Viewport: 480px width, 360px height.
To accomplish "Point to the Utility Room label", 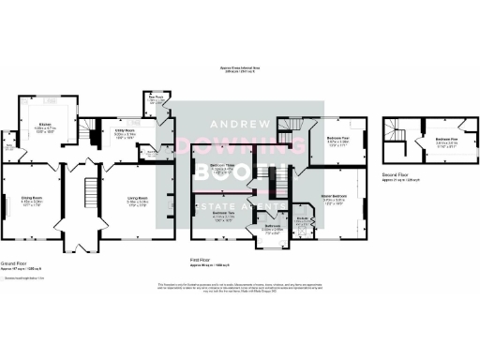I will (126, 132).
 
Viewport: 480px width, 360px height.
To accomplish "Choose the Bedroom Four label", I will (338, 138).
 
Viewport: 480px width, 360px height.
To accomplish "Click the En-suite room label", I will (303, 221).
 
